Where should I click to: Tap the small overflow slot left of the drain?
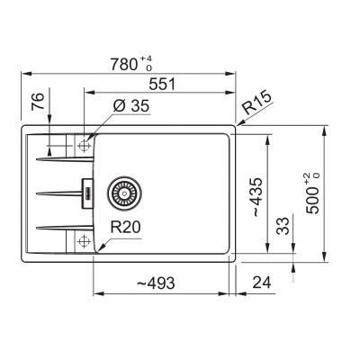pyautogui.click(x=88, y=191)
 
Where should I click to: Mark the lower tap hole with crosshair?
pyautogui.click(x=83, y=240)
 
